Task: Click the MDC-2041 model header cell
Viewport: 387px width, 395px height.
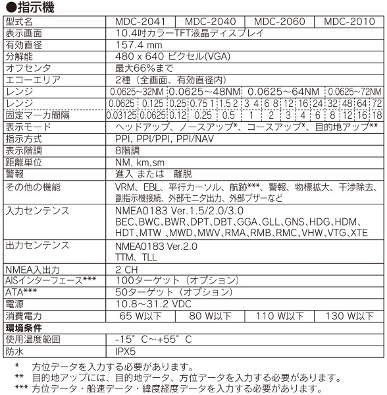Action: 140,22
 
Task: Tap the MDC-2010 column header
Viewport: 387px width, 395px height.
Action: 349,22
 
